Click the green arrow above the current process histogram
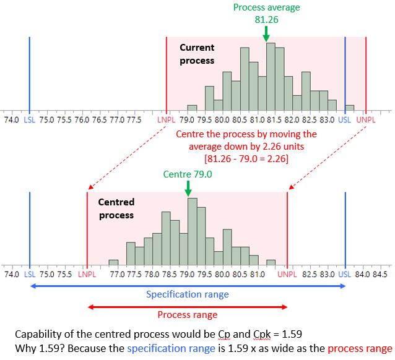[266, 34]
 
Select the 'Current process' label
[197, 54]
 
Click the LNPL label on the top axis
[167, 119]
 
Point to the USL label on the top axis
[345, 119]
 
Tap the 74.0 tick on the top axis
[11, 119]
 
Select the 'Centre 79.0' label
[188, 174]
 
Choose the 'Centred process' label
[116, 209]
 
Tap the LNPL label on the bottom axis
[87, 273]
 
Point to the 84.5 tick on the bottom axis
[380, 273]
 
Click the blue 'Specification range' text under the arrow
[187, 294]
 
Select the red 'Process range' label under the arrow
[187, 315]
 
